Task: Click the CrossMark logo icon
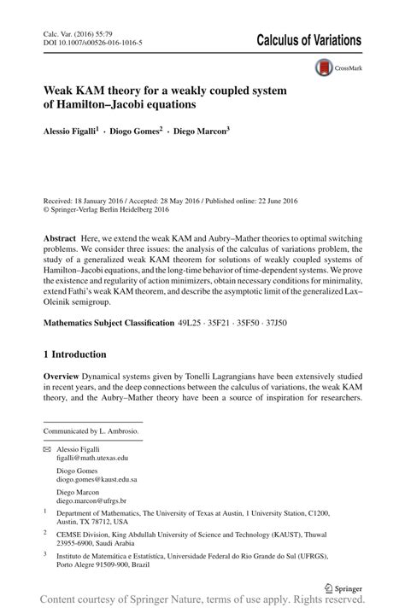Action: [x=325, y=67]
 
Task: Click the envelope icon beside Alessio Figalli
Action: [x=47, y=449]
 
